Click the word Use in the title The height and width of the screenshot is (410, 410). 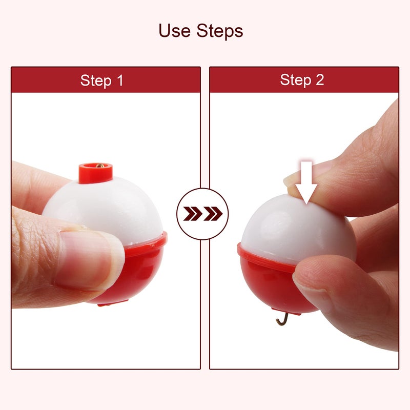[x=174, y=31]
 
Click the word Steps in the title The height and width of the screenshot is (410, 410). [x=220, y=31]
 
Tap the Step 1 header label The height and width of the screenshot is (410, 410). [x=101, y=80]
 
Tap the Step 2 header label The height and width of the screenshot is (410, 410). [x=302, y=80]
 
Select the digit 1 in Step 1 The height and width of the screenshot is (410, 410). [x=120, y=80]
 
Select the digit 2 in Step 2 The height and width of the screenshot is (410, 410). [x=320, y=79]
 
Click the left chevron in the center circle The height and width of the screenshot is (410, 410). [x=193, y=214]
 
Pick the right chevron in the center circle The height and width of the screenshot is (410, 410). [x=213, y=214]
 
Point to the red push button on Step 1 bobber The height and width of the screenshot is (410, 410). [x=96, y=173]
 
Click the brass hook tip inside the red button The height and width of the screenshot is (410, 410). [x=100, y=166]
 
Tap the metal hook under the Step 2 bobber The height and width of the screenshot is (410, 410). [x=283, y=319]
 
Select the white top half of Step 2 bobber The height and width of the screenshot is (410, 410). [x=296, y=230]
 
